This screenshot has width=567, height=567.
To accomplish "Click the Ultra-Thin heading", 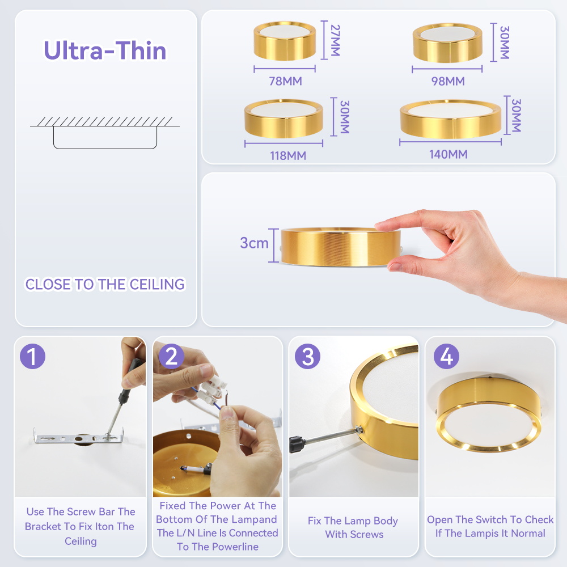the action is pos(105,50).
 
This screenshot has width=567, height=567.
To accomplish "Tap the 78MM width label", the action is pos(285,81).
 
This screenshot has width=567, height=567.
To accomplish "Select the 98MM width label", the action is pos(448,81).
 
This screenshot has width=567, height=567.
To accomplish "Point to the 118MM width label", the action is pos(288,155).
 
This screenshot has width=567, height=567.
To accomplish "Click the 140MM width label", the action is pos(448,154).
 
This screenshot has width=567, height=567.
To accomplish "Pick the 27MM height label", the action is pos(335,40).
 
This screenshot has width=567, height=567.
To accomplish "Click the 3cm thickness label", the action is pos(254,243).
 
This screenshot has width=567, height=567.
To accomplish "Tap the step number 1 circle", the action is pos(32,356).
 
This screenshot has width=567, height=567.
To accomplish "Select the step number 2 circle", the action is pos(171,356).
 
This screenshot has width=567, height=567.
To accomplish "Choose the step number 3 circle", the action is pos(307,356).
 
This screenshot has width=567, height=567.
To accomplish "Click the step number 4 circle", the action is pos(446,356).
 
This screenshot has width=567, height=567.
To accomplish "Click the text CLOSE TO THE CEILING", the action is pos(105,284).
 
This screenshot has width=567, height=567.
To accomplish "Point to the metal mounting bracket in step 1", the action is pos(79,438).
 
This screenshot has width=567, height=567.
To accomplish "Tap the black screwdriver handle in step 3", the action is pos(297,443).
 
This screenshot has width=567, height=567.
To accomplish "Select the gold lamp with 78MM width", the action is pos(285,40).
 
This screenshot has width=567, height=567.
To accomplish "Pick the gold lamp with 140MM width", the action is pos(451,119).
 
